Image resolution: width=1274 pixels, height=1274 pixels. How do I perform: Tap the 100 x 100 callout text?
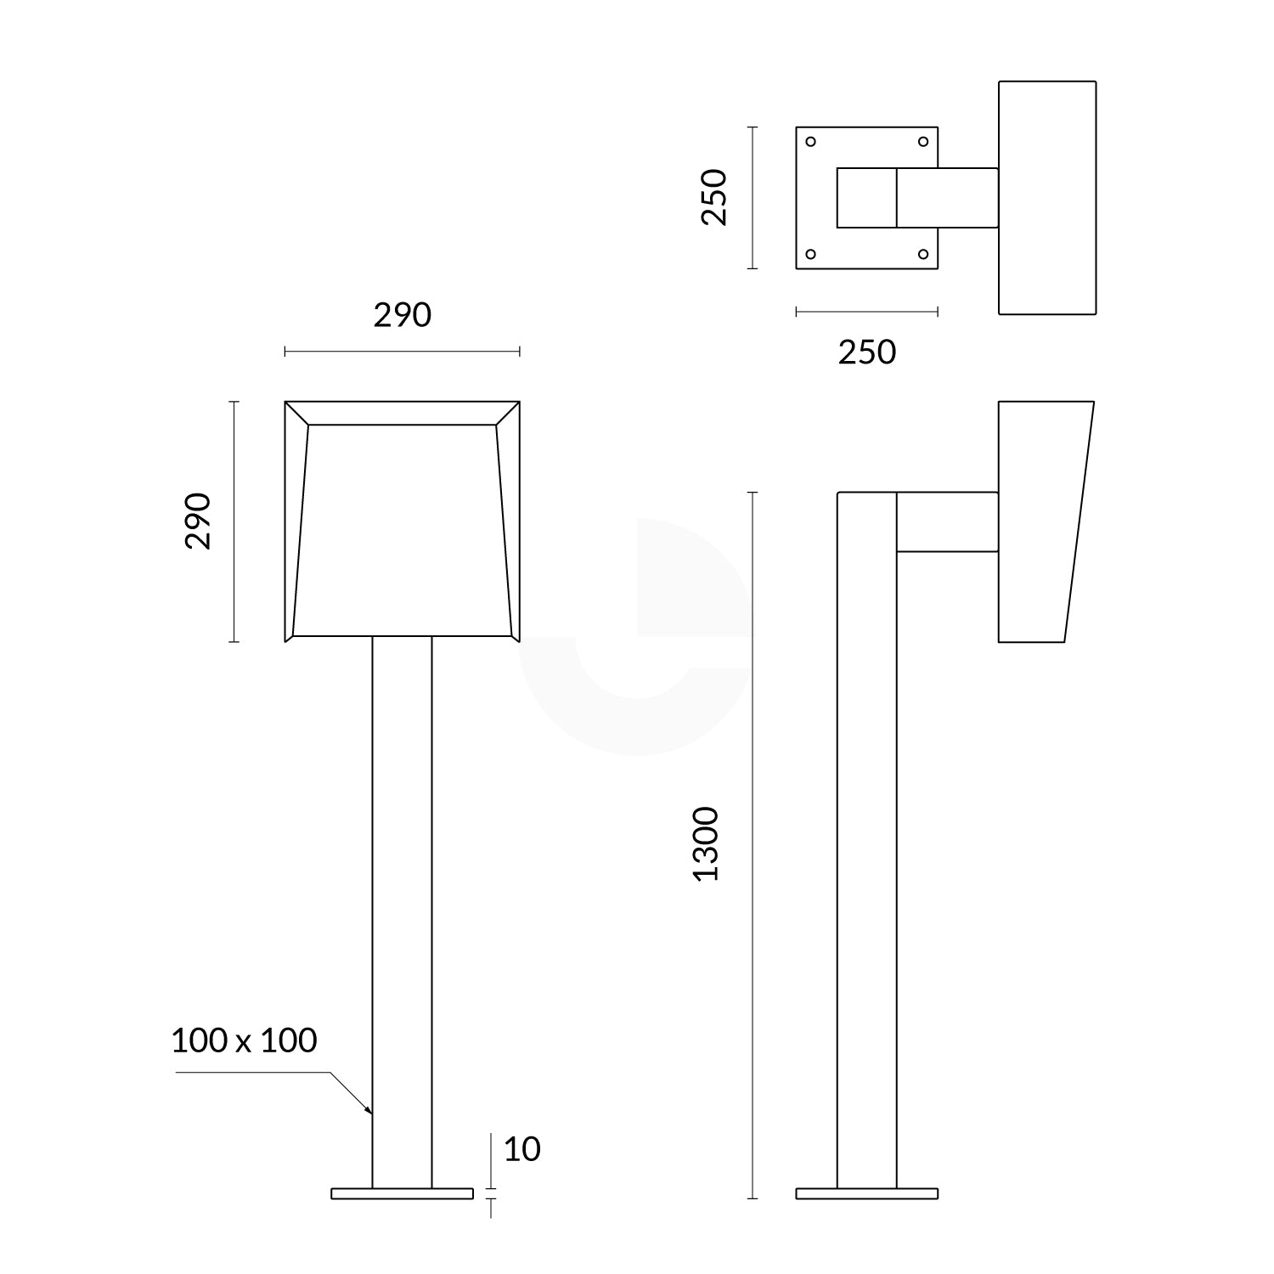pyautogui.click(x=244, y=1040)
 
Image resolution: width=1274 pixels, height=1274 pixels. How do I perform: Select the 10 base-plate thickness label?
pyautogui.click(x=521, y=1149)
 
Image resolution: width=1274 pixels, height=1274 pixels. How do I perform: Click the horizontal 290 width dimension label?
pyautogui.click(x=403, y=315)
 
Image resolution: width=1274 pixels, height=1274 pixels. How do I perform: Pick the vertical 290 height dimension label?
pyautogui.click(x=198, y=521)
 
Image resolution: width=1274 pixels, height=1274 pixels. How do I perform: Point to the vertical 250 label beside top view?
pyautogui.click(x=714, y=197)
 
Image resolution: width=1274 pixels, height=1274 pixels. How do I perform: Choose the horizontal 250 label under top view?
pyautogui.click(x=867, y=352)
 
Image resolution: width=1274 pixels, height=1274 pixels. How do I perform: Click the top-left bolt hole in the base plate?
pyautogui.click(x=810, y=142)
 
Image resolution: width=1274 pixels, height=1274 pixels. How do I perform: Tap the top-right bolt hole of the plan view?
pyautogui.click(x=923, y=142)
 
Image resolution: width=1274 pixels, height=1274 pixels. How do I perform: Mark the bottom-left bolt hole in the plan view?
pyautogui.click(x=810, y=254)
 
